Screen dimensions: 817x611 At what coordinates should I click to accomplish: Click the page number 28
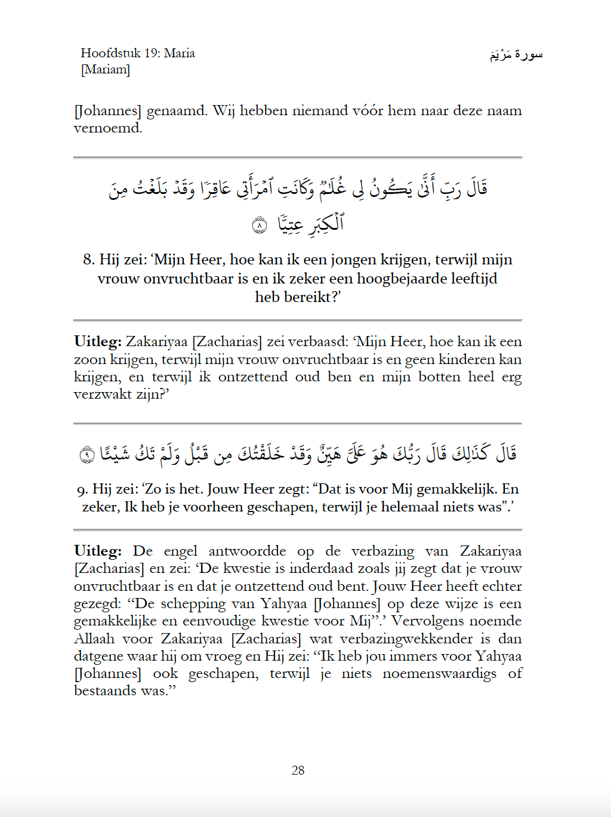click(298, 770)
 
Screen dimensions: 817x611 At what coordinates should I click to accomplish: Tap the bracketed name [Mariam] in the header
click(106, 69)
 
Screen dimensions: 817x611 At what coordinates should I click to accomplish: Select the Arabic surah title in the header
click(516, 55)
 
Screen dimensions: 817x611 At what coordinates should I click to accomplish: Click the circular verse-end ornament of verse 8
click(260, 225)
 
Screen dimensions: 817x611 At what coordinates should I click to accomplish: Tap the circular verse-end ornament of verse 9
click(87, 455)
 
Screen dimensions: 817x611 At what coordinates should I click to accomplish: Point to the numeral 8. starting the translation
click(89, 260)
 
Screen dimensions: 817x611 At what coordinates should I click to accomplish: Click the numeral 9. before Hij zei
click(82, 490)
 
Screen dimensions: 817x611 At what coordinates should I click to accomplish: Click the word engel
click(180, 551)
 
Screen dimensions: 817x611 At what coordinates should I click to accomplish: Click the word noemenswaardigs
click(439, 674)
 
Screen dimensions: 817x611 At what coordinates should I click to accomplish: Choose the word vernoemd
click(107, 128)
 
